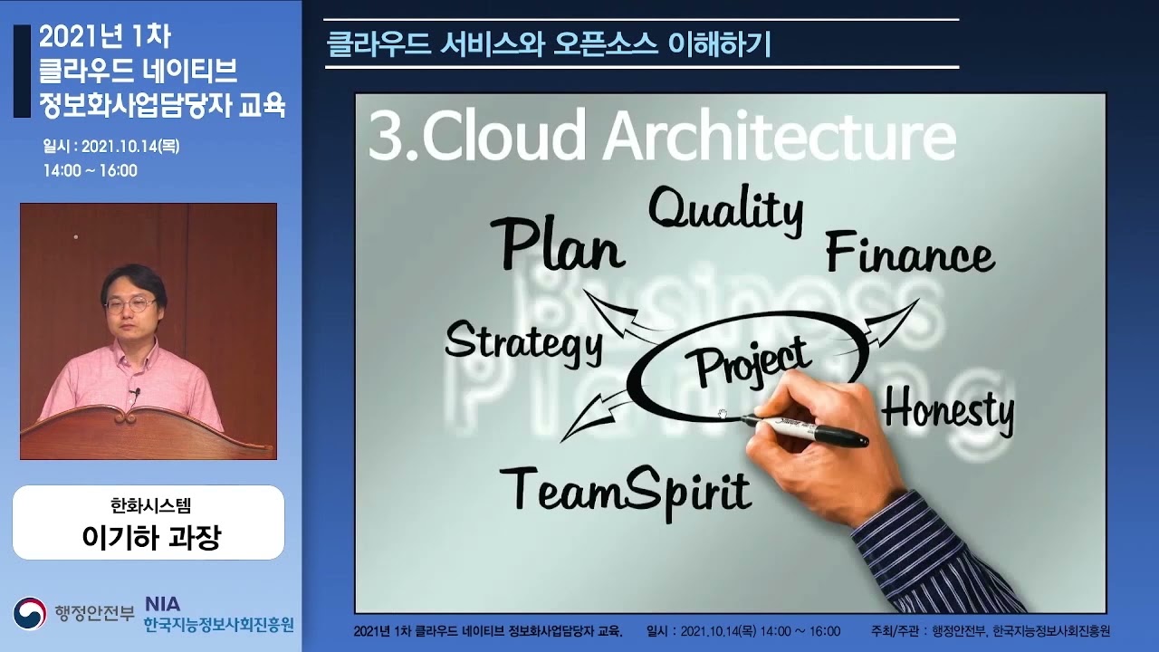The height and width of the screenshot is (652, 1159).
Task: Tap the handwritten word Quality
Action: click(726, 211)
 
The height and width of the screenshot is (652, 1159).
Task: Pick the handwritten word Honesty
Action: click(948, 412)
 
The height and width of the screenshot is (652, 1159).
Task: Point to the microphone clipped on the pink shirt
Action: click(137, 393)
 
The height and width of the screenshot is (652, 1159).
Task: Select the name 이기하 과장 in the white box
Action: click(151, 537)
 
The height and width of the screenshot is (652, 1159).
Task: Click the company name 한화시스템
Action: click(150, 505)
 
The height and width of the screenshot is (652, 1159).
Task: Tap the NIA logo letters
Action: click(162, 604)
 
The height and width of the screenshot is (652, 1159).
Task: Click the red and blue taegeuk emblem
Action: click(30, 614)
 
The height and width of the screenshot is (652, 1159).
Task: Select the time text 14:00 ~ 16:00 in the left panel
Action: click(90, 170)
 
